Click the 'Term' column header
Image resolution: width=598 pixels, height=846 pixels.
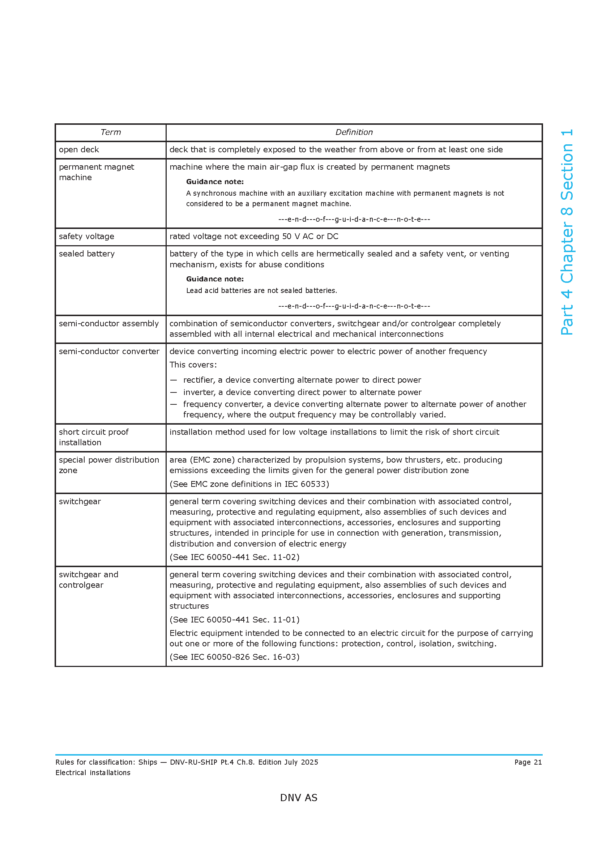pos(111,132)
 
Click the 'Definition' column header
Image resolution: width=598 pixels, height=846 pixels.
pos(354,132)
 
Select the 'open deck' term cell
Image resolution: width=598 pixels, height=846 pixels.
pos(79,150)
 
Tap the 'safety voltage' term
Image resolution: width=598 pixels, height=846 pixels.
pos(86,237)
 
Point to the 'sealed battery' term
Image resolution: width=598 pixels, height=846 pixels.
pos(86,254)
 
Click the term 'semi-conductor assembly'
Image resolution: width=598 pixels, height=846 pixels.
pos(108,323)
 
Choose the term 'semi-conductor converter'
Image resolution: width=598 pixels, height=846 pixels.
pos(109,352)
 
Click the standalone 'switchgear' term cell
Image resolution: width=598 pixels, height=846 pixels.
pos(80,501)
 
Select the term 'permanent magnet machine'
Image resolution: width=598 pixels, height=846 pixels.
pos(96,172)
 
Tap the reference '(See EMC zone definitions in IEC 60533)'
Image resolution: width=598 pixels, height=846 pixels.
pos(249,484)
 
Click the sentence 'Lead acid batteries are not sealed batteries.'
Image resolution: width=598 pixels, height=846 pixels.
pos(261,291)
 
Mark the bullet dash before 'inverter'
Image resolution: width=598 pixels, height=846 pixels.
pos(174,392)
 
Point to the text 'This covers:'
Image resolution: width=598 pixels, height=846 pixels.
pos(193,365)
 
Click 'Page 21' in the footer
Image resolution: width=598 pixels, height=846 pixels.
pos(527,762)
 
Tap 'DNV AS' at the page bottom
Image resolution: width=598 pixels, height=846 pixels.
pos(299,798)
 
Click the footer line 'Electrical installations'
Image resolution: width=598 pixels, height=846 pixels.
pos(93,773)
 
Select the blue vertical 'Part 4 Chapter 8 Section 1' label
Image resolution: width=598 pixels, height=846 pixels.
pos(567,232)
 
